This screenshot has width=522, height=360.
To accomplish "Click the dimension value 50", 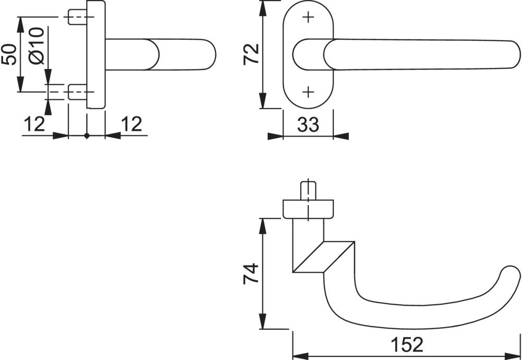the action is click(x=9, y=54).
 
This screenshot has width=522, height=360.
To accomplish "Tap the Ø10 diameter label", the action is click(x=37, y=45).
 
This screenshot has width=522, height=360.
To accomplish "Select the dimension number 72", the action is click(x=251, y=54).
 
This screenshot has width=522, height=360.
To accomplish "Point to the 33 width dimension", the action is click(x=308, y=125).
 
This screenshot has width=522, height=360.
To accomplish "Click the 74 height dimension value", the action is click(x=251, y=273).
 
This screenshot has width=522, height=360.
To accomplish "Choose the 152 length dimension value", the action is click(x=407, y=345).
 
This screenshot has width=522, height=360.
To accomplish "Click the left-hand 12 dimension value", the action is click(x=34, y=124).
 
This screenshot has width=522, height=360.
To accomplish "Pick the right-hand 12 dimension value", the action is click(x=131, y=124).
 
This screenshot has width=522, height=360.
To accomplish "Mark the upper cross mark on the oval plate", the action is click(x=309, y=17).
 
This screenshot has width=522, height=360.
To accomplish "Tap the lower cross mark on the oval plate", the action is click(x=309, y=91).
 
